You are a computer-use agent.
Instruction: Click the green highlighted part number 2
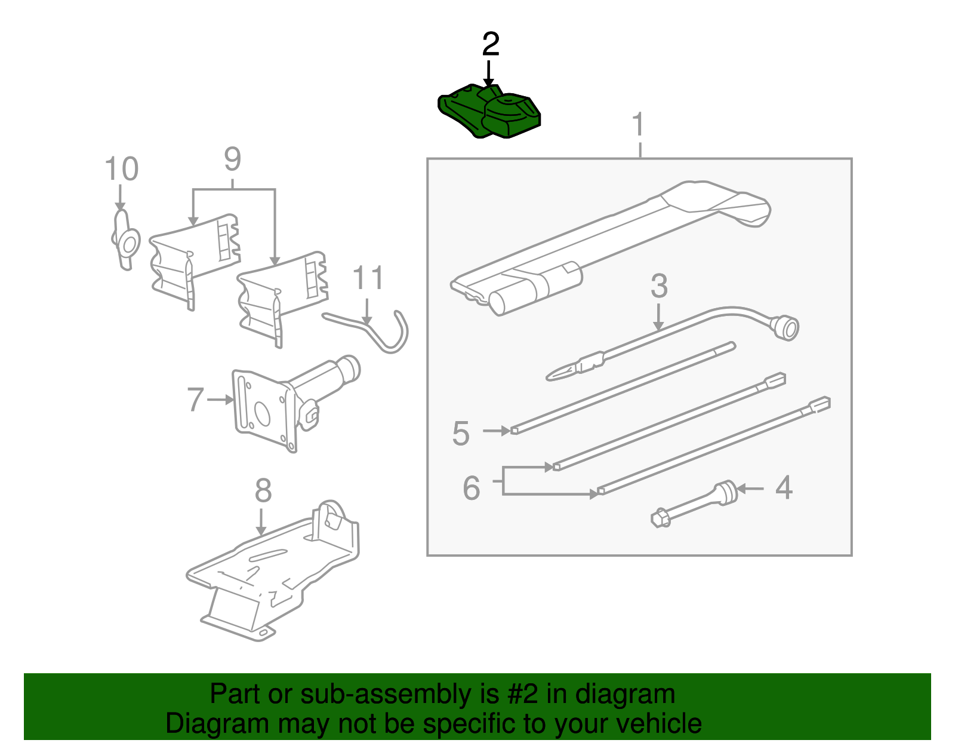pos(489,113)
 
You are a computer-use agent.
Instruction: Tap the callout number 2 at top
pos(490,44)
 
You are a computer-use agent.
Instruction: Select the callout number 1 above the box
pos(639,124)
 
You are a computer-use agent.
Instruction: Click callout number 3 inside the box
pos(658,286)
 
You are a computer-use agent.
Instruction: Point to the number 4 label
pos(783,487)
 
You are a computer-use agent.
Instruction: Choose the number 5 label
pos(461,433)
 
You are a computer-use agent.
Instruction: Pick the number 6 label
pos(472,488)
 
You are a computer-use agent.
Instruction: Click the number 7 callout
pos(195,400)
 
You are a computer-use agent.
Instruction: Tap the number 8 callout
pos(263,490)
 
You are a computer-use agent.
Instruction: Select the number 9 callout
pos(233,159)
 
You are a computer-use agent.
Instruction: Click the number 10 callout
pos(122,169)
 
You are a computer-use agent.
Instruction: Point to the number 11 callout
pos(368,278)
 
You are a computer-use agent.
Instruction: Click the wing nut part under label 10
pos(125,240)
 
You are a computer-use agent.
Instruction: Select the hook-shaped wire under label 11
pos(382,334)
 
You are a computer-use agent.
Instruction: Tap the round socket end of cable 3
pos(787,329)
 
